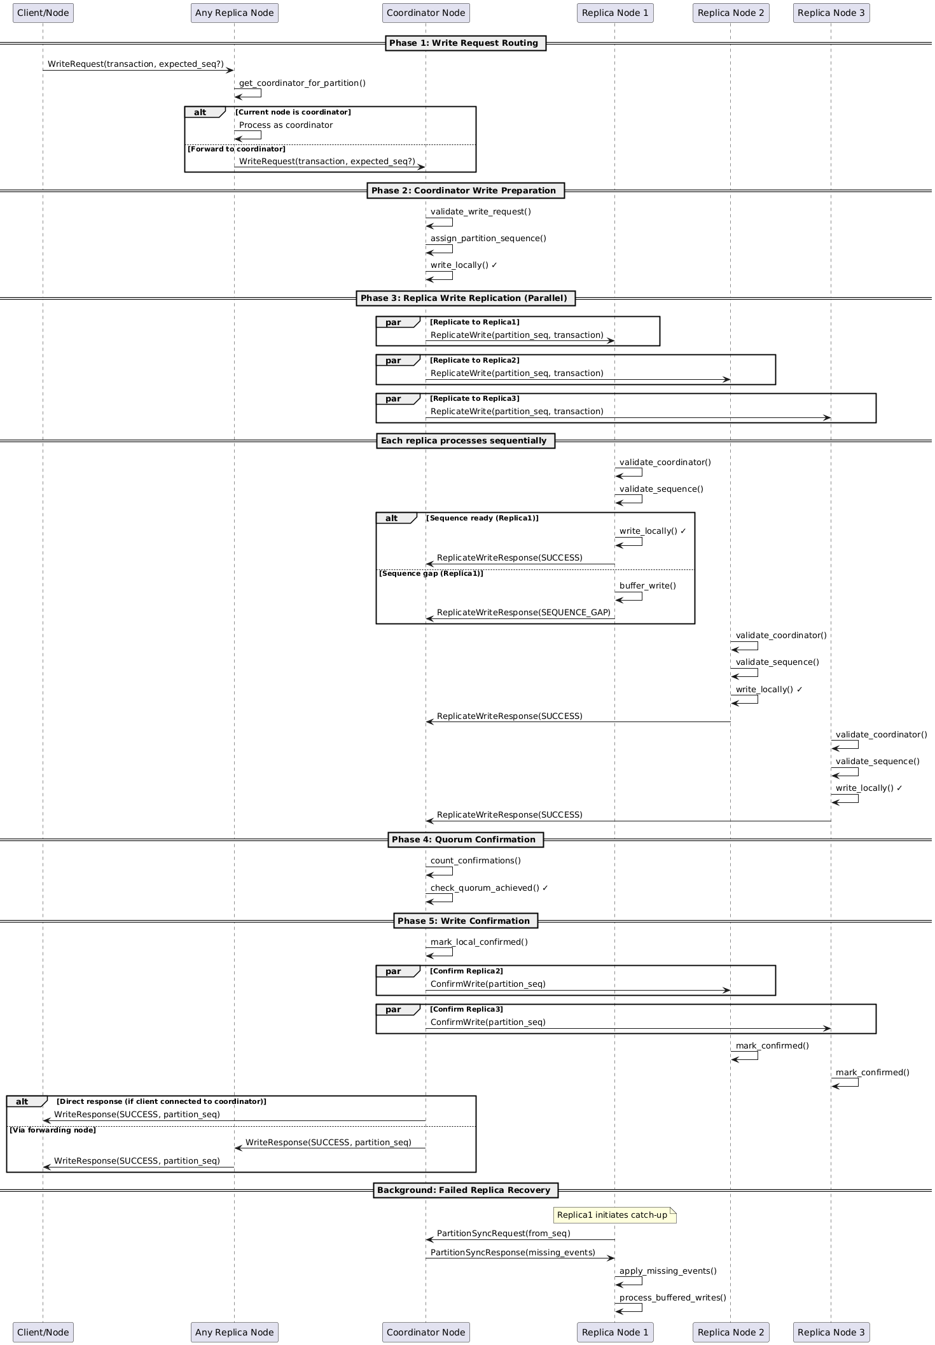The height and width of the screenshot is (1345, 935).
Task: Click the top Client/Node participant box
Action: tap(43, 13)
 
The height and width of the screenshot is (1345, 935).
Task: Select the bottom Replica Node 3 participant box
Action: tap(831, 1332)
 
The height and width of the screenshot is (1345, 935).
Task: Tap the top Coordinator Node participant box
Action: tap(426, 13)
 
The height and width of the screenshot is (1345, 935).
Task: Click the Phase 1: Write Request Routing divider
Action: tap(465, 43)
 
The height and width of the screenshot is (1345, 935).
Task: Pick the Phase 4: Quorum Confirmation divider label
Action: tap(465, 840)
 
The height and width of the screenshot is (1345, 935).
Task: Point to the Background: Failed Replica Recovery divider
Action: tap(465, 1190)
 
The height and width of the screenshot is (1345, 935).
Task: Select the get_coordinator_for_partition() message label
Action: tap(302, 83)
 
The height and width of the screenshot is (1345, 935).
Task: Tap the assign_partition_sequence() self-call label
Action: tap(488, 239)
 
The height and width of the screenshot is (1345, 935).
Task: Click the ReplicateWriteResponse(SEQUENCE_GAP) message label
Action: tap(523, 613)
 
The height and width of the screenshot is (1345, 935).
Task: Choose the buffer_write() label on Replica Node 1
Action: tap(648, 586)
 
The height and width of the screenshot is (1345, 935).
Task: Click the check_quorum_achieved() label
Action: tap(488, 888)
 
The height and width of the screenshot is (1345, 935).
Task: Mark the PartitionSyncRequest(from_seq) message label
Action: tap(503, 1234)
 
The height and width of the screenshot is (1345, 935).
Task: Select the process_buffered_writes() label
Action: tap(672, 1298)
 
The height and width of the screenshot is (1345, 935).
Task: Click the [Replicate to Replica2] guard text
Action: tap(474, 361)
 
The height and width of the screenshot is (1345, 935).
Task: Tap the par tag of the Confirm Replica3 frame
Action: tap(394, 1010)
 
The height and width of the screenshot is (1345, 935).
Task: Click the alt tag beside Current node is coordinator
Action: tap(200, 113)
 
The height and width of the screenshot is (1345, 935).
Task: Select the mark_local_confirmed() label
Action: tap(479, 942)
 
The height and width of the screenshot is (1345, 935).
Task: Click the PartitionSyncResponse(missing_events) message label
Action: tap(513, 1253)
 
